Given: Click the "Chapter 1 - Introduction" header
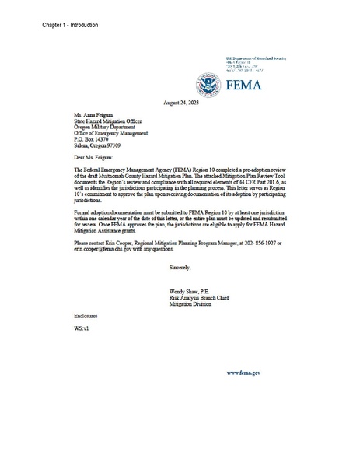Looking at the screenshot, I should [71, 26].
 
